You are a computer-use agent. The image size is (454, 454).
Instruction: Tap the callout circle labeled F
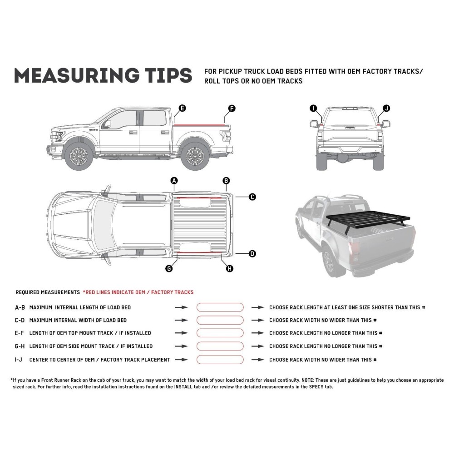pyautogui.click(x=232, y=108)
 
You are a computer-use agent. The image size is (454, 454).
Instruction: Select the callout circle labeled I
pyautogui.click(x=313, y=108)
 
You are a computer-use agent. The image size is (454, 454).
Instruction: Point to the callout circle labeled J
pyautogui.click(x=386, y=108)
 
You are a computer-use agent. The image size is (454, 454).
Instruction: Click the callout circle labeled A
pyautogui.click(x=174, y=181)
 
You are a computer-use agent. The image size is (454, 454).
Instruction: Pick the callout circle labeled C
pyautogui.click(x=252, y=197)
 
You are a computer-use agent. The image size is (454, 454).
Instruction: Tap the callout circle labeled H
pyautogui.click(x=229, y=269)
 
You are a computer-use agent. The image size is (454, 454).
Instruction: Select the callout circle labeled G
pyautogui.click(x=169, y=269)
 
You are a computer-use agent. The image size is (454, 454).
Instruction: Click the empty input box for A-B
pyautogui.click(x=220, y=307)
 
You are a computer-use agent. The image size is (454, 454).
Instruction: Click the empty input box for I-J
pyautogui.click(x=220, y=360)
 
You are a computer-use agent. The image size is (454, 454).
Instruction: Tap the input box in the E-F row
pyautogui.click(x=220, y=333)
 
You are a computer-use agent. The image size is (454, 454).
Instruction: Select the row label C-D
pyautogui.click(x=20, y=321)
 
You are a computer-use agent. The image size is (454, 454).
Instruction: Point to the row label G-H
pyautogui.click(x=20, y=346)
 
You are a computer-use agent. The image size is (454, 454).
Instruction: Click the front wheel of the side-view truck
pyautogui.click(x=79, y=156)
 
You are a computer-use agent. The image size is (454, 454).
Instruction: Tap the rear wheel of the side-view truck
pyautogui.click(x=194, y=156)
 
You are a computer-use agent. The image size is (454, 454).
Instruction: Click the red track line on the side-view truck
pyautogui.click(x=200, y=123)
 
